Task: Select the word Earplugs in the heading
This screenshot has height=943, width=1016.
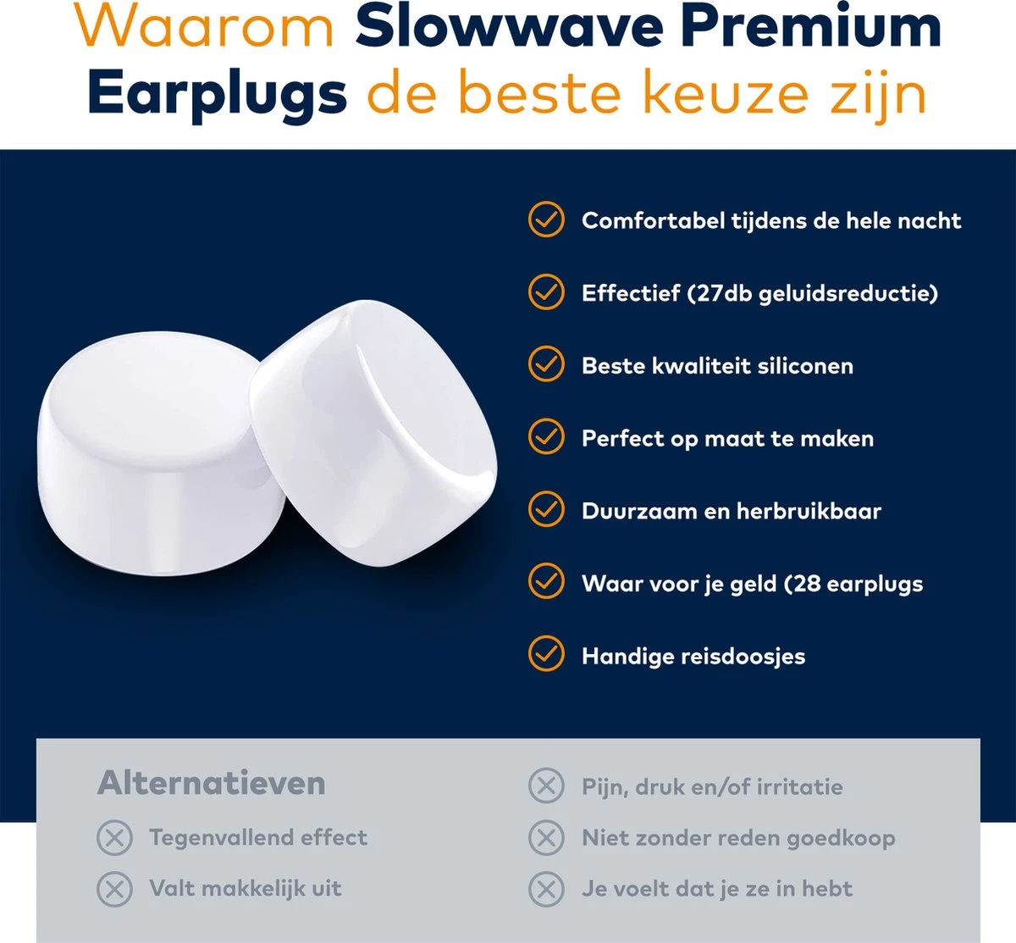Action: pyautogui.click(x=217, y=93)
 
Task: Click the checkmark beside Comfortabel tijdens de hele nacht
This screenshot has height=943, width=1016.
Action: pyautogui.click(x=546, y=219)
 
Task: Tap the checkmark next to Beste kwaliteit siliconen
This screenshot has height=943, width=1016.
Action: pyautogui.click(x=546, y=364)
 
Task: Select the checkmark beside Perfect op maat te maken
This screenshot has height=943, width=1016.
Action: pyautogui.click(x=546, y=437)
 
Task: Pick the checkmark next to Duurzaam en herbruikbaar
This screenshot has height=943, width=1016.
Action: pyautogui.click(x=546, y=510)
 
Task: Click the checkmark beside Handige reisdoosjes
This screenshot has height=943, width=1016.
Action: pyautogui.click(x=546, y=654)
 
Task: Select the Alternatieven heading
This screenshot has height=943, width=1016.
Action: pyautogui.click(x=212, y=783)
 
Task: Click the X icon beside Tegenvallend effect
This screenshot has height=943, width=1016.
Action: pyautogui.click(x=114, y=838)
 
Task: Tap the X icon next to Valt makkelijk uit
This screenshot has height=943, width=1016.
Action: pyautogui.click(x=114, y=889)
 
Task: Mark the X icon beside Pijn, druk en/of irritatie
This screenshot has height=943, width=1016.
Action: pyautogui.click(x=546, y=786)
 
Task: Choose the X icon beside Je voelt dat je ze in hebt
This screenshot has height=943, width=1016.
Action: pyautogui.click(x=546, y=889)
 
